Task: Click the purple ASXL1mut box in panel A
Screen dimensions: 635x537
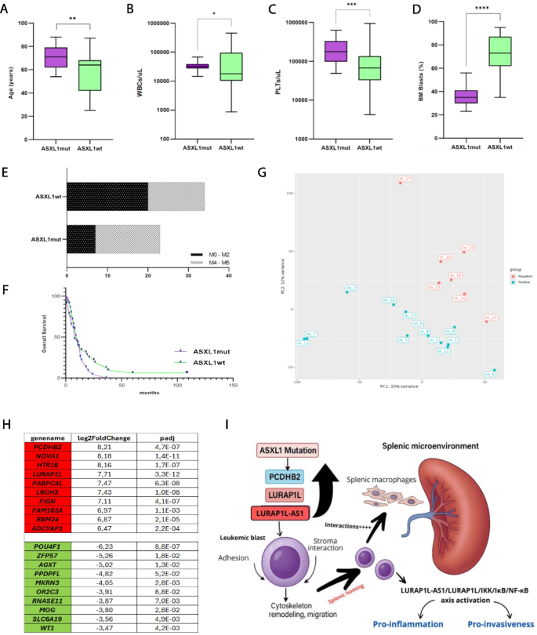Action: (55, 57)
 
